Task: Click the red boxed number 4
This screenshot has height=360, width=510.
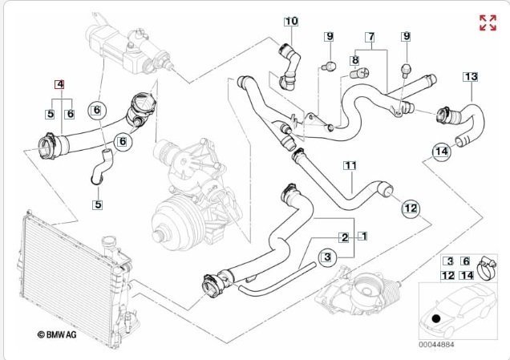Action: (x=59, y=83)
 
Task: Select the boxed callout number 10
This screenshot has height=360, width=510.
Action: (x=290, y=20)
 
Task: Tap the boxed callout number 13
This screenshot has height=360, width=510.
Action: (x=471, y=76)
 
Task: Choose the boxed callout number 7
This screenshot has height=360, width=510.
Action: (x=370, y=37)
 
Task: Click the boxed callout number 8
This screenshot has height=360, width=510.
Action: (x=354, y=60)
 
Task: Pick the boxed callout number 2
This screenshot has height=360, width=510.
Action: (x=343, y=237)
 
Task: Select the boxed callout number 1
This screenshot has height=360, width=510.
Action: (x=362, y=237)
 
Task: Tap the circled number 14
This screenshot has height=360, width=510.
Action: (x=440, y=150)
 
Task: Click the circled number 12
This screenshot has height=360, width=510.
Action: (x=411, y=208)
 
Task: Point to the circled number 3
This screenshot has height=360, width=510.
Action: (x=326, y=257)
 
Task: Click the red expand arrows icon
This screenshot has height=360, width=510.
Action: (x=487, y=22)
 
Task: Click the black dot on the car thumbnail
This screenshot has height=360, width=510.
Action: (x=435, y=318)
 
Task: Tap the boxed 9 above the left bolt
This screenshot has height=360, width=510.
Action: (x=329, y=36)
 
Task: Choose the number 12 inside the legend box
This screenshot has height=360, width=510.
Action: (x=449, y=275)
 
